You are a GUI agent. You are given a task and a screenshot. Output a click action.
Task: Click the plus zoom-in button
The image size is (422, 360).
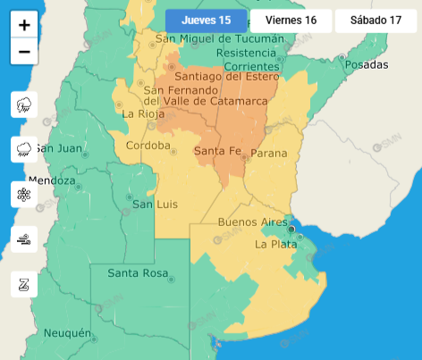[24, 25]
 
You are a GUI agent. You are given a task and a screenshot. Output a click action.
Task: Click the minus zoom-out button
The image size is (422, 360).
[24, 52]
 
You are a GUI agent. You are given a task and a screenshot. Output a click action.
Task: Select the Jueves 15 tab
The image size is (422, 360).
[206, 21]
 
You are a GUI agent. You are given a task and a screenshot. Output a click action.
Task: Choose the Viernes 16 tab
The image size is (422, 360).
[291, 21]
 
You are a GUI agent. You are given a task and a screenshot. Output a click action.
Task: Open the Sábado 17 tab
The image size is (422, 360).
[376, 21]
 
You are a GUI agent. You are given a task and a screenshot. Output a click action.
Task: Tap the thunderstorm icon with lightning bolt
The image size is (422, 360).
[24, 105]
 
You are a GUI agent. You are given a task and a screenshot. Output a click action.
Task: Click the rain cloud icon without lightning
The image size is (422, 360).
[24, 150]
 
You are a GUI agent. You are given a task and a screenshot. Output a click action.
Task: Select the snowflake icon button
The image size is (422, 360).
[24, 194]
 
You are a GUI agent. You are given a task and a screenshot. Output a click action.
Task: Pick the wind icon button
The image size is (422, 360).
[24, 239]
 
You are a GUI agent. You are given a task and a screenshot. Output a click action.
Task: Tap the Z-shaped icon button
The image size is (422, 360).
[24, 284]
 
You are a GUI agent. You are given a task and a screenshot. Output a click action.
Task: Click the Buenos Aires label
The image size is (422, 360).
[252, 222]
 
